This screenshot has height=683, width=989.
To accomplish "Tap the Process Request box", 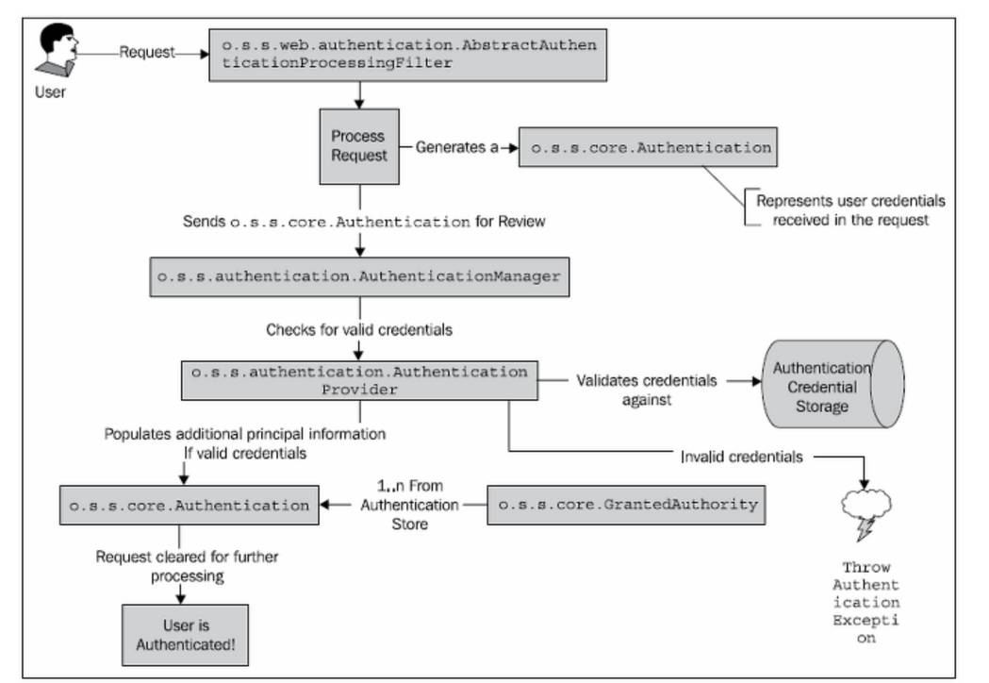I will pyautogui.click(x=358, y=146).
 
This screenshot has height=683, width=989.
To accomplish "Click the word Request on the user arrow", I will pyautogui.click(x=147, y=54).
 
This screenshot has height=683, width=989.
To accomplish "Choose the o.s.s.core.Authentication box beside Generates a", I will pyautogui.click(x=650, y=148).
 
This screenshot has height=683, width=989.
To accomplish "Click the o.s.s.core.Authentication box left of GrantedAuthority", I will pyautogui.click(x=189, y=506).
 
